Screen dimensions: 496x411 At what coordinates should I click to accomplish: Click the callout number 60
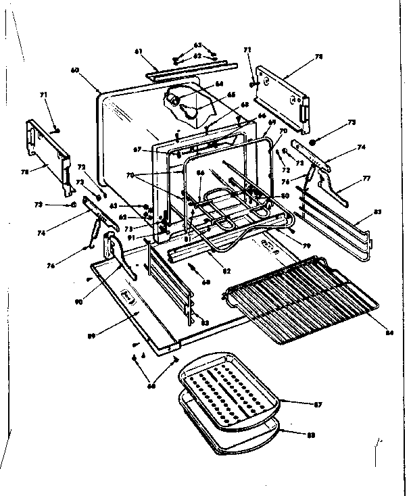74,70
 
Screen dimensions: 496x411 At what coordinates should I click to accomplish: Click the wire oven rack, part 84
297,297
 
